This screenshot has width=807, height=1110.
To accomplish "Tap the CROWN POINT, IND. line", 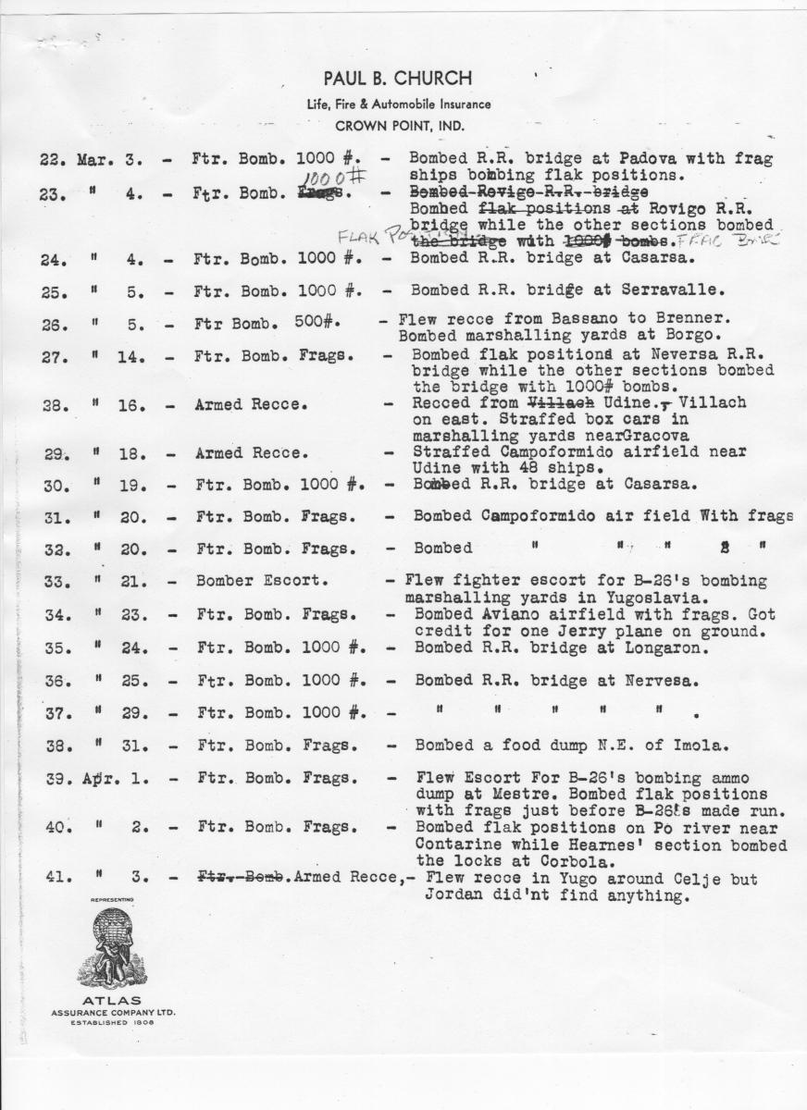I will tap(401, 127).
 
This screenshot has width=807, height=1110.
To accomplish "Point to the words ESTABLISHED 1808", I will tap(112, 1022).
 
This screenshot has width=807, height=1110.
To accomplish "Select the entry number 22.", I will tap(51, 159).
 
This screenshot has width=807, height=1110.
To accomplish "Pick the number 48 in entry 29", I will tap(534, 468).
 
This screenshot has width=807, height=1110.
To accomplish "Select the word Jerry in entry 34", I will tap(562, 631).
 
